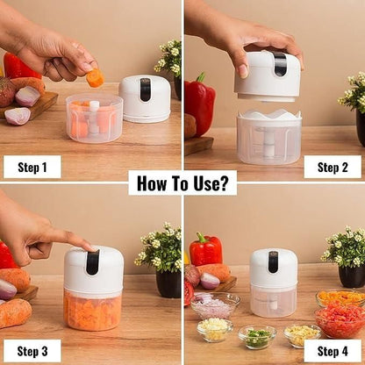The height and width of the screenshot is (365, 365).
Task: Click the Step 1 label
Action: [x=32, y=167]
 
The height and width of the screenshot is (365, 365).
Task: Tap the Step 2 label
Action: [x=333, y=167]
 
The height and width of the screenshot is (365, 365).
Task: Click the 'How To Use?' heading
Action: [x=182, y=182]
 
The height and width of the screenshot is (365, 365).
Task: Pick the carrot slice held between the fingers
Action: [x=95, y=78]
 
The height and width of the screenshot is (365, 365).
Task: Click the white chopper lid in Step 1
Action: [x=145, y=98]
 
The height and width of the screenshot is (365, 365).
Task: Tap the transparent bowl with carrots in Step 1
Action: [x=93, y=119]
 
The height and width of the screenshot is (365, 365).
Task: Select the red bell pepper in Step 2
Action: [x=199, y=104]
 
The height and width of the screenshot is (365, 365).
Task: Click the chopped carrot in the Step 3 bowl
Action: [x=93, y=311]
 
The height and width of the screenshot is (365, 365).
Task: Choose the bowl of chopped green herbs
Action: [x=257, y=336]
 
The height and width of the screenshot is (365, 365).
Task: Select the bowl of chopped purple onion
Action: [x=214, y=306]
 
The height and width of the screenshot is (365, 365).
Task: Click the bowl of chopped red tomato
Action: [x=340, y=321]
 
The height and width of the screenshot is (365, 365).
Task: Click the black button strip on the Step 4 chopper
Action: [x=273, y=261]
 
